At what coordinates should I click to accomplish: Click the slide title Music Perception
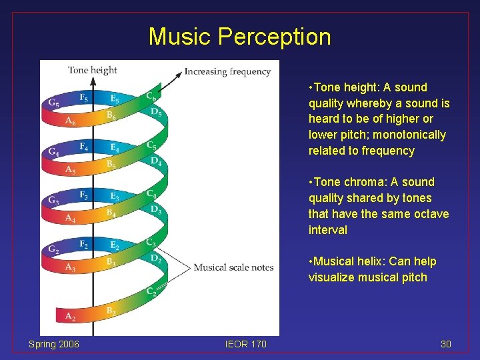239,36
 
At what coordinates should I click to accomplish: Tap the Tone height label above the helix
93,70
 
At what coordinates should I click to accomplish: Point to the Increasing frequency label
227,71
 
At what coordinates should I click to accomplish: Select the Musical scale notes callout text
233,267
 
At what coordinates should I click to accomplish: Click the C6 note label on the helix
152,96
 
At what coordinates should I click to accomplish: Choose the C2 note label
151,291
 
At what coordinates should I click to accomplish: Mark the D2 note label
156,258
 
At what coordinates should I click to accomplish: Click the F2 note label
83,244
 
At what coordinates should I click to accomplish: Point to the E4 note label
115,147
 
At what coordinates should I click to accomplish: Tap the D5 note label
156,112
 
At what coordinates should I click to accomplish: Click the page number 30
446,344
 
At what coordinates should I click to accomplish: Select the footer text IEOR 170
245,344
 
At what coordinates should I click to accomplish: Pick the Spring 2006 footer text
53,344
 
